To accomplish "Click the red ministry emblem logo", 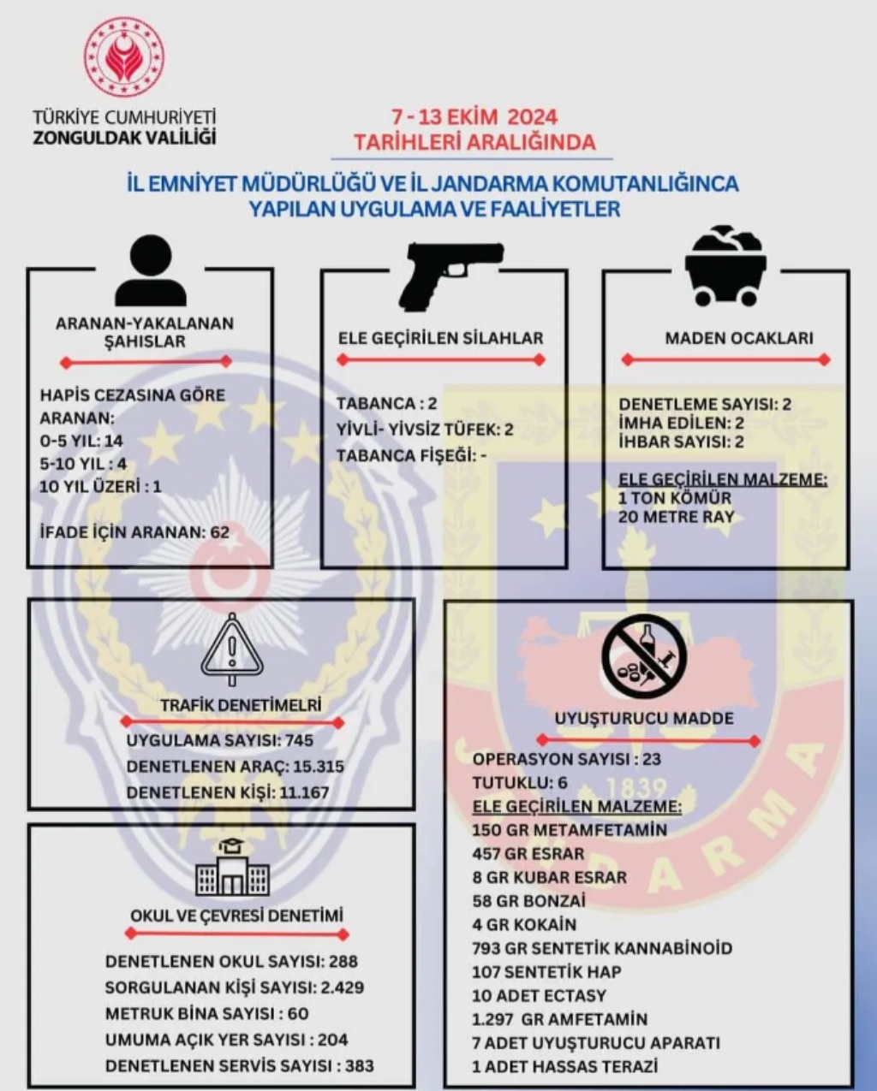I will click(x=124, y=56).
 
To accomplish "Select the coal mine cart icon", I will click(x=725, y=266).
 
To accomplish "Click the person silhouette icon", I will click(x=151, y=273).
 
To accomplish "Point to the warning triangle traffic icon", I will click(x=231, y=649).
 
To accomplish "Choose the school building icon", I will click(x=231, y=869).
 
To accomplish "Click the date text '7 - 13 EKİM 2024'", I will click(x=474, y=117).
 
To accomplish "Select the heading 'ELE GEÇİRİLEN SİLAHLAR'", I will click(x=440, y=338).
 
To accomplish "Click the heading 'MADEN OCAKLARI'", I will click(x=739, y=338).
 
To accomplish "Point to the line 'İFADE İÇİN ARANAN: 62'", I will click(x=135, y=532).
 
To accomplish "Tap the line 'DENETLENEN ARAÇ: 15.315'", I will click(x=235, y=767).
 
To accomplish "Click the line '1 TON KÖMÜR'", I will click(x=675, y=498).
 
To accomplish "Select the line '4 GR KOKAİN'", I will click(x=524, y=925).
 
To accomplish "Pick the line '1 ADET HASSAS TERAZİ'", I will click(x=565, y=1067).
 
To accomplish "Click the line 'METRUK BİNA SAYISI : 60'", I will click(x=206, y=1014).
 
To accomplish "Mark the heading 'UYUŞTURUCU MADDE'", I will click(x=644, y=719).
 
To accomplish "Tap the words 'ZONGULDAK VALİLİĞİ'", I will click(x=124, y=138).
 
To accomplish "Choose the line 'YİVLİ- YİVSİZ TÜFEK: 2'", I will click(x=425, y=430).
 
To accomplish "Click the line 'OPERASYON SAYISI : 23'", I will click(x=567, y=759).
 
